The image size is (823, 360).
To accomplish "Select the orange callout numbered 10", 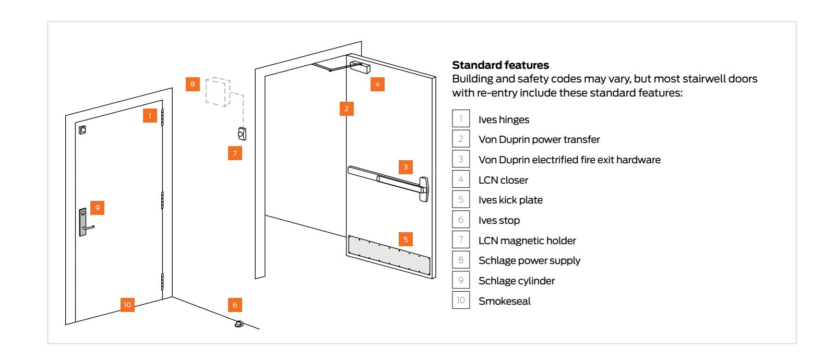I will [128, 304].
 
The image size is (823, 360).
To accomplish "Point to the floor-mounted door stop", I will [238, 324].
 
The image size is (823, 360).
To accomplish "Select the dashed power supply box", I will [217, 93].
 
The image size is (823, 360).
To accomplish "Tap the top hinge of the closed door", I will [162, 117].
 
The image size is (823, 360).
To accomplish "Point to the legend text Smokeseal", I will [504, 301].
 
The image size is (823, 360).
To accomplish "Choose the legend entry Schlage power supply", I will [529, 261].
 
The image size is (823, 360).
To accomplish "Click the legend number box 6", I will [460, 220].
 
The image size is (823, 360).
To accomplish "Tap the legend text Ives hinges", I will [504, 119].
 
